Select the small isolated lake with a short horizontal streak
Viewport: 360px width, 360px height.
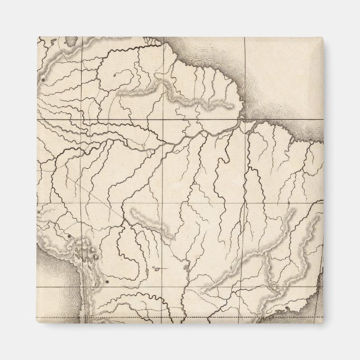pos(159,269)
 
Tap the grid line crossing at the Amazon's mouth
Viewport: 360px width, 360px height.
pos(244,120)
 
